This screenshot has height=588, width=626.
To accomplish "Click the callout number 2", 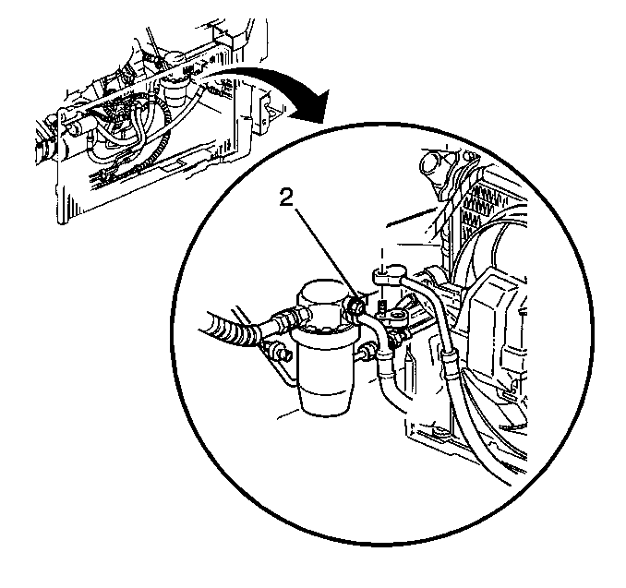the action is (286, 198).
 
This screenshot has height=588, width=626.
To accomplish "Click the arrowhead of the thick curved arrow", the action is (314, 108).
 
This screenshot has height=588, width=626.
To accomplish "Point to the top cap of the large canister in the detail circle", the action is (320, 294).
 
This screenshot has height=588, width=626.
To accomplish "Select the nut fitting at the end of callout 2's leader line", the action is (355, 307).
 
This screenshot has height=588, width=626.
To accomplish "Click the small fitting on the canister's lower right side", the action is (367, 354).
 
